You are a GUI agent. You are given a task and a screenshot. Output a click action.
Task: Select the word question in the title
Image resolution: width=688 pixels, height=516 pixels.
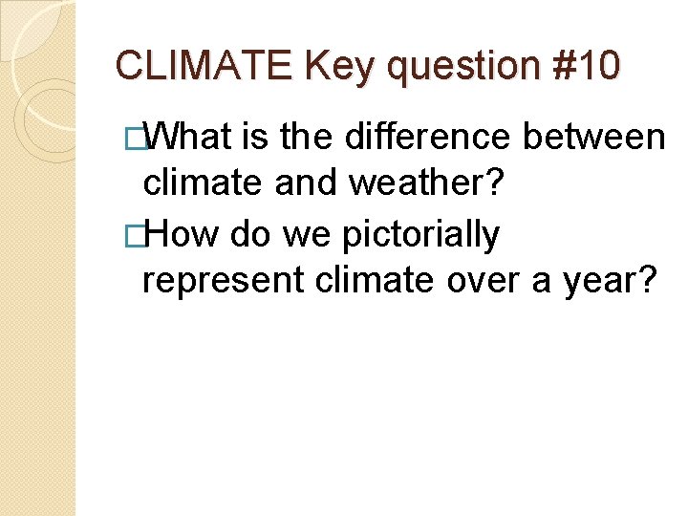(x=461, y=67)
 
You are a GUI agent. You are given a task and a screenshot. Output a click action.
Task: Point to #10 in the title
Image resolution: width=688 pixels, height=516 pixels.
(x=584, y=65)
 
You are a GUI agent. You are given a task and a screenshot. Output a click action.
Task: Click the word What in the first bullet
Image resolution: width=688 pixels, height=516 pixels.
(x=190, y=138)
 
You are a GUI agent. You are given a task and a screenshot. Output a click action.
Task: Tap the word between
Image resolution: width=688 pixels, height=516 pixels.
(x=597, y=138)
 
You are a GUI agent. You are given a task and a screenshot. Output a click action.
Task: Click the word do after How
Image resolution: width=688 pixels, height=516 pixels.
(x=246, y=233)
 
